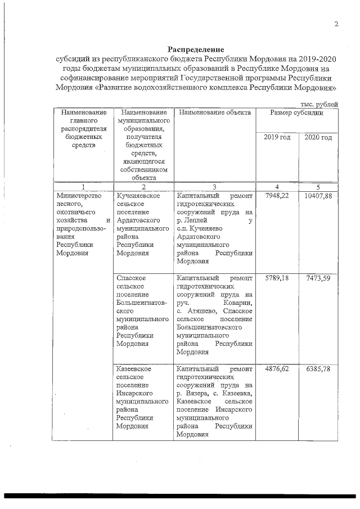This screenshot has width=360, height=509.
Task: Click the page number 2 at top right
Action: pos(336,24)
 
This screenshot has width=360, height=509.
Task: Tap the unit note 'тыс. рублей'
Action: pos(319,104)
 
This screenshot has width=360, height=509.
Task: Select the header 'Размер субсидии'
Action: pos(296,112)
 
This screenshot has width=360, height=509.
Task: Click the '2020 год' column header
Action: pos(318,138)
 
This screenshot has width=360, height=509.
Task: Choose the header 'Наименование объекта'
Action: pos(213,112)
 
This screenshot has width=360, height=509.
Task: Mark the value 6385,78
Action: pos(318,369)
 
